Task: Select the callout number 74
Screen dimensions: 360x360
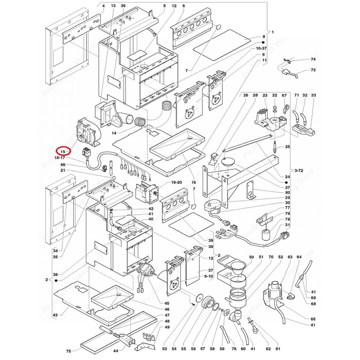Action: (x=313, y=59)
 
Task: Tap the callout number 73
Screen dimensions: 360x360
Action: (x=313, y=70)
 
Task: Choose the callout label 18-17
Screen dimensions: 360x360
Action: (x=58, y=158)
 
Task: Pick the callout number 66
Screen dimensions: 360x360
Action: (x=63, y=165)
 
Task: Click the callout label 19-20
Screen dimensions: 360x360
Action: (x=176, y=183)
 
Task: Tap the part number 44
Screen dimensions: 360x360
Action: (x=116, y=351)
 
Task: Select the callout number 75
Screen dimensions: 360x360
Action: (x=68, y=351)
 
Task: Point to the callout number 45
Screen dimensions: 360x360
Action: (x=167, y=303)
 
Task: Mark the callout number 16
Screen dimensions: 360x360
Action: (x=193, y=182)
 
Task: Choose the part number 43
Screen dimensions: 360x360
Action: (x=55, y=315)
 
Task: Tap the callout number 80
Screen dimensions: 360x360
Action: (x=287, y=192)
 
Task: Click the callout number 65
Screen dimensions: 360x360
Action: (x=313, y=319)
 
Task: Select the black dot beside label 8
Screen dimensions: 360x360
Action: (x=263, y=43)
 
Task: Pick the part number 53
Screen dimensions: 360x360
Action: (x=164, y=349)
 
